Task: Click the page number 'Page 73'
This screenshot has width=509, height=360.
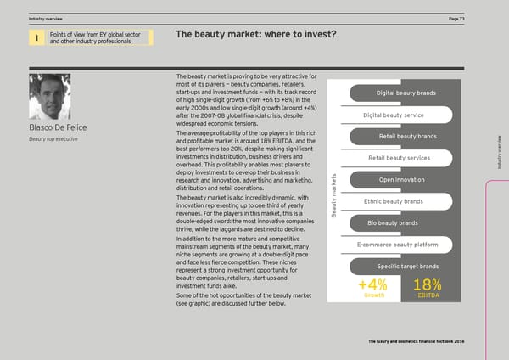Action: click(x=478, y=18)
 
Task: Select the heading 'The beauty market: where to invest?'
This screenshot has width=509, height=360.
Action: click(x=256, y=35)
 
